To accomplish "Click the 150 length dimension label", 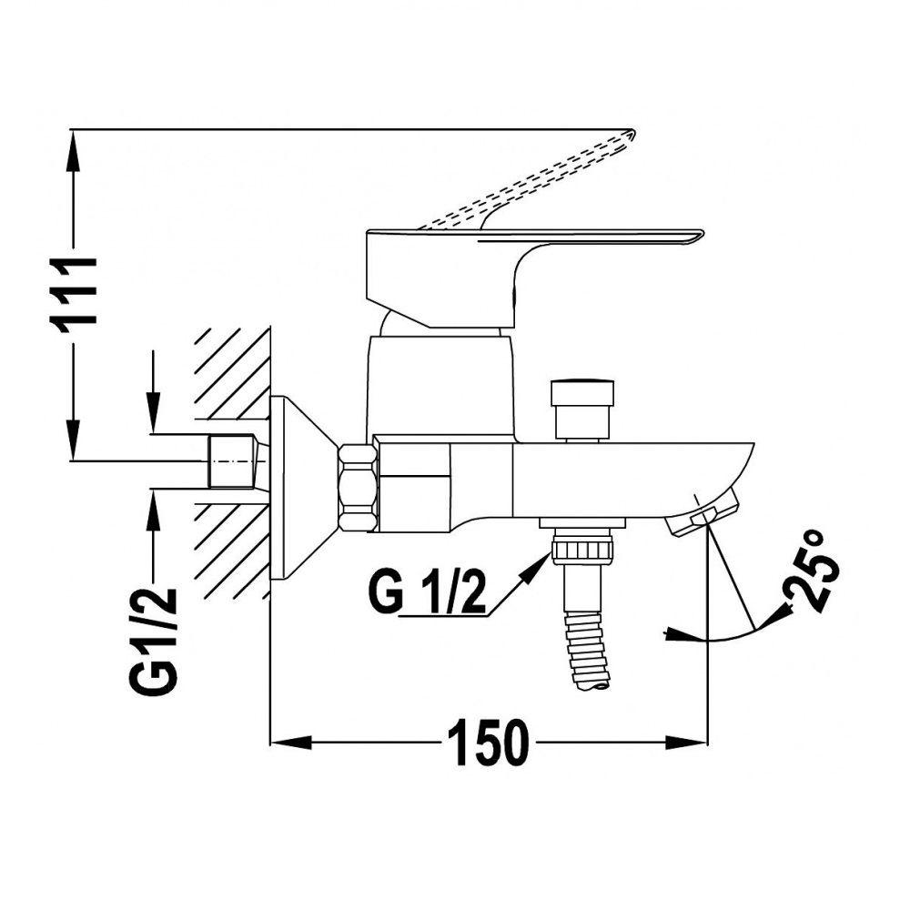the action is pyautogui.click(x=489, y=743).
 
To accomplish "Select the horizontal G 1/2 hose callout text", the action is pyautogui.click(x=427, y=592).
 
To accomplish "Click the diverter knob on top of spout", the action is pyautogui.click(x=583, y=409).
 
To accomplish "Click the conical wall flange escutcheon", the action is pyautogui.click(x=304, y=488).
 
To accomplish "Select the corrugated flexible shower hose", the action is pyautogui.click(x=589, y=650).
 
